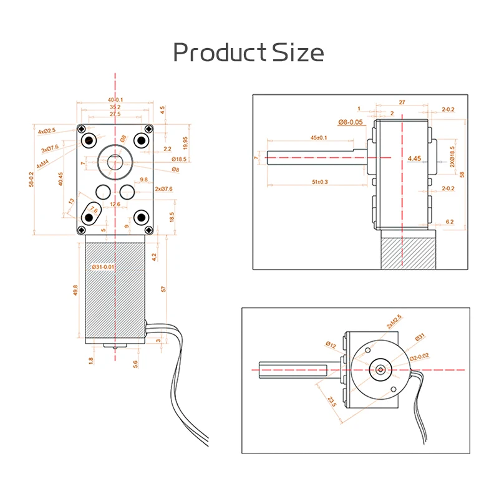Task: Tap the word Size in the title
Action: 298,52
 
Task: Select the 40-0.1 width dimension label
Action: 115,100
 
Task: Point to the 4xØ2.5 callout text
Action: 47,131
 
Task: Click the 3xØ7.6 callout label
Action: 50,148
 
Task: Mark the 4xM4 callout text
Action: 43,165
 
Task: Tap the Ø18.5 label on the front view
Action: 180,160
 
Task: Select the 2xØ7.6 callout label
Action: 163,189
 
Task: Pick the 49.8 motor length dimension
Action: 75,291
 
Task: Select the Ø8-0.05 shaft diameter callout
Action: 351,121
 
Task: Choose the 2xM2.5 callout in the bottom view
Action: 394,322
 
